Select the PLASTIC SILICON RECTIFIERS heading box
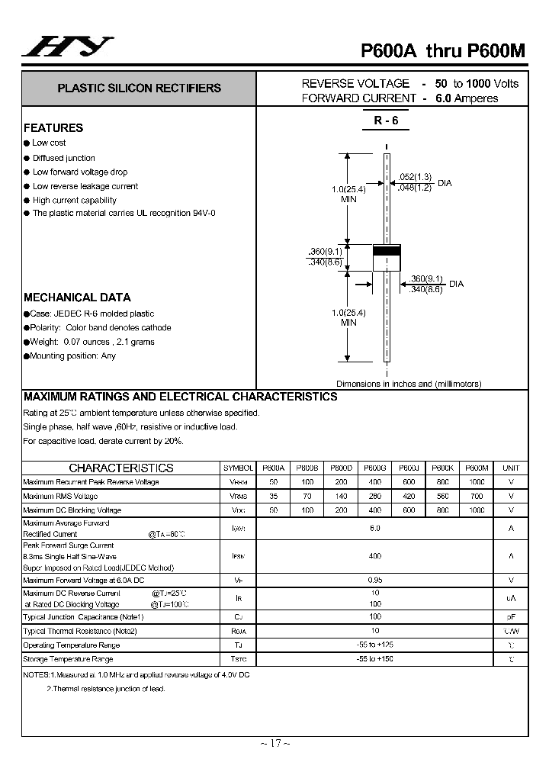coord(139,88)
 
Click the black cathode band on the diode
coord(387,251)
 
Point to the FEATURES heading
coord(53,128)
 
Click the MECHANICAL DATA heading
coord(77,298)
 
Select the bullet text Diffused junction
coord(63,158)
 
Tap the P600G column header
coord(374,468)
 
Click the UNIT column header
coord(511,468)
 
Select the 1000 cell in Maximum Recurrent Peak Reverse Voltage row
coord(477,482)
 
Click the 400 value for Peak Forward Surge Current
coord(374,557)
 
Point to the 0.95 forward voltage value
coord(374,580)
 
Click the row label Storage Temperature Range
coord(68,658)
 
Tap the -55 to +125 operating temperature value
coord(374,645)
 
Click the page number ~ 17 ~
coord(274,744)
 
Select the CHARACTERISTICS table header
coord(121,468)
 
